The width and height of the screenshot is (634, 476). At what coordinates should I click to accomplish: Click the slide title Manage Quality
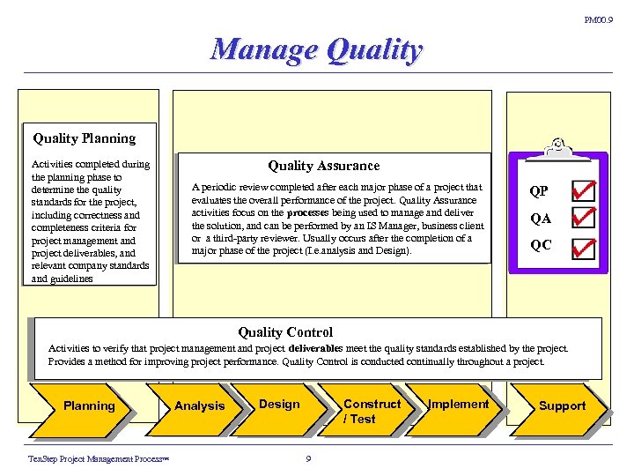click(x=317, y=49)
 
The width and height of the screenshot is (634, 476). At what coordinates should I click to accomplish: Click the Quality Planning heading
click(x=85, y=138)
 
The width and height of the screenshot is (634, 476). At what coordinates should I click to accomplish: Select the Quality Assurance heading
click(x=324, y=166)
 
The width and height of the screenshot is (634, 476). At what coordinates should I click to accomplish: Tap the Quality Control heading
click(x=285, y=332)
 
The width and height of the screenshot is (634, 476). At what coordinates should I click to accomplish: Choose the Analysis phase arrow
click(x=200, y=406)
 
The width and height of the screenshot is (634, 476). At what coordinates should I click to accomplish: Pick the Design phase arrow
click(x=279, y=405)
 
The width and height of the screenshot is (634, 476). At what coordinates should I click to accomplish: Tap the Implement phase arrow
click(x=458, y=405)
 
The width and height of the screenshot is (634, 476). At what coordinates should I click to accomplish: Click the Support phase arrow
click(x=562, y=406)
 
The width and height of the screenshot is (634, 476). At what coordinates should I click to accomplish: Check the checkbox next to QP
click(x=583, y=191)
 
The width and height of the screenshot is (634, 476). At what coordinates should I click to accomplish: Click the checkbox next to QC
click(x=583, y=248)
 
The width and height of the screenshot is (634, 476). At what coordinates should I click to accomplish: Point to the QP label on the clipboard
click(x=539, y=192)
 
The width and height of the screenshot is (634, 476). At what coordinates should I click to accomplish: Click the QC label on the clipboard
click(x=541, y=246)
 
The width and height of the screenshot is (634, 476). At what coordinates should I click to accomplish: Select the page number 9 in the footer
click(x=308, y=457)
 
